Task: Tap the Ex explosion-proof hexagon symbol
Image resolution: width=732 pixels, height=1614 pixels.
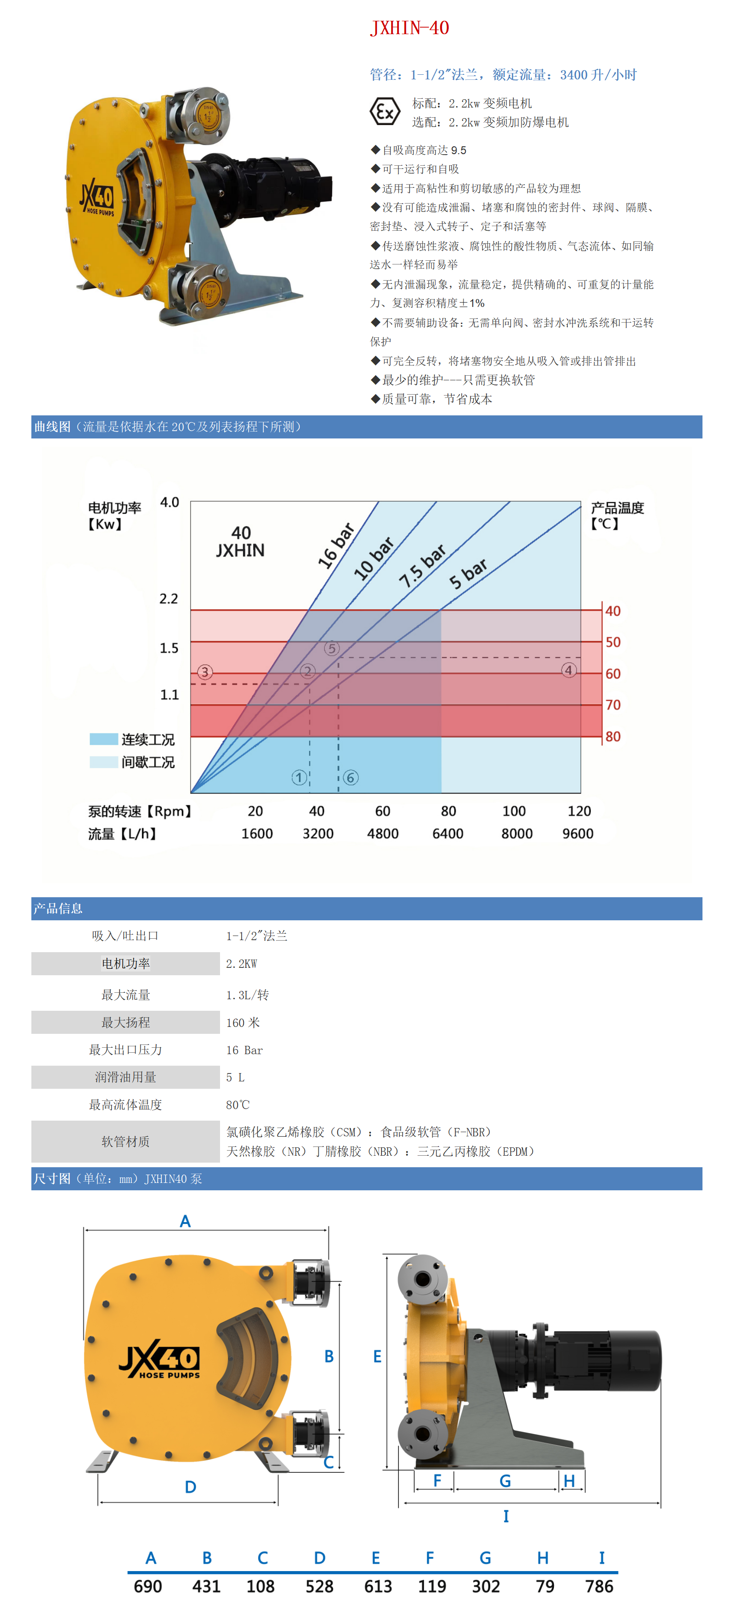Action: coord(385,112)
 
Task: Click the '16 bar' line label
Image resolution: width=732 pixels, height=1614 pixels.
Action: coord(336,546)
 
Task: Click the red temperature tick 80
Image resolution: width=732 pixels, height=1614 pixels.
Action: coord(613,736)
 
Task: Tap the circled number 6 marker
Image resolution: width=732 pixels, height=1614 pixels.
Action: coord(351,778)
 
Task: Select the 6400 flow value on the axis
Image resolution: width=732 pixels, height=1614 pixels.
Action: coord(448,834)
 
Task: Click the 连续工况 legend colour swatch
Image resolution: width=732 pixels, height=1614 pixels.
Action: coord(103,739)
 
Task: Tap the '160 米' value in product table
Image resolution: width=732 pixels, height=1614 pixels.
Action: coord(243,1022)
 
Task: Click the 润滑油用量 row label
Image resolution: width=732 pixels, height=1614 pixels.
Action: coord(125,1077)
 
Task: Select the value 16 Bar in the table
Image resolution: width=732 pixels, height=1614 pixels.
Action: coord(244,1050)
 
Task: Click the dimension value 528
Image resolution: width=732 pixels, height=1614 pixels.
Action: coord(319,1586)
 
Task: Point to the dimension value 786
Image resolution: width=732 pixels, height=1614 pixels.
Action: coord(599,1586)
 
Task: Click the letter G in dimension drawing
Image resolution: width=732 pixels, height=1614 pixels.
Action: coord(505,1481)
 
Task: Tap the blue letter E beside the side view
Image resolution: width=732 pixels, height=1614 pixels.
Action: coord(377,1356)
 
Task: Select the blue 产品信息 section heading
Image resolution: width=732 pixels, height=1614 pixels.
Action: coord(58,908)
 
